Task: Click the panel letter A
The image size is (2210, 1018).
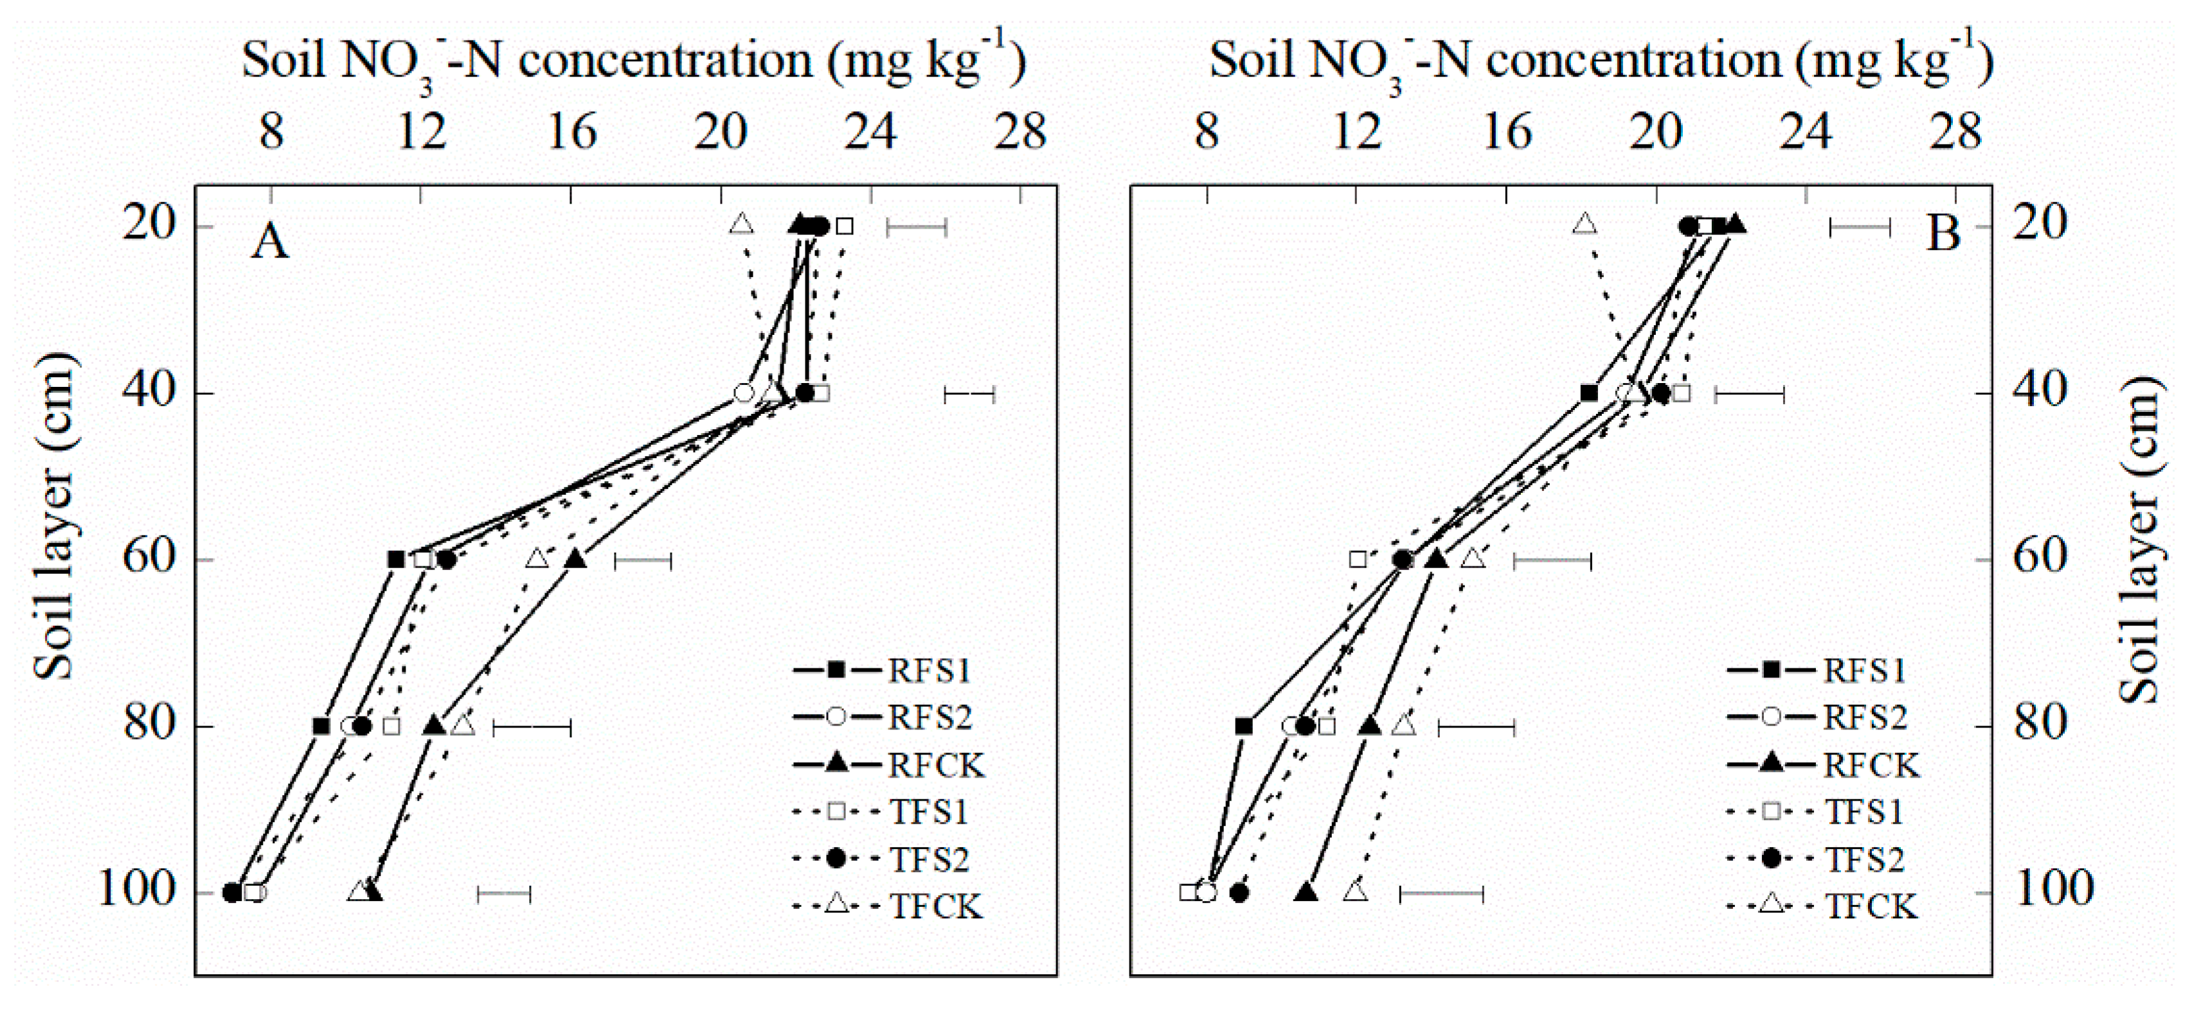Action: point(269,241)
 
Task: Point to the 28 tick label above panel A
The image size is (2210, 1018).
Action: point(1020,133)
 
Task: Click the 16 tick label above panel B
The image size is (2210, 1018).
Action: point(1507,133)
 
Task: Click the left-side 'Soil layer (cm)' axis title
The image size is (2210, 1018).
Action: point(53,516)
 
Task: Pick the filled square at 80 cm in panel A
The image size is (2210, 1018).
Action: point(321,726)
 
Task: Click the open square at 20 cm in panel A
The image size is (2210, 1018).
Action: point(844,226)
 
